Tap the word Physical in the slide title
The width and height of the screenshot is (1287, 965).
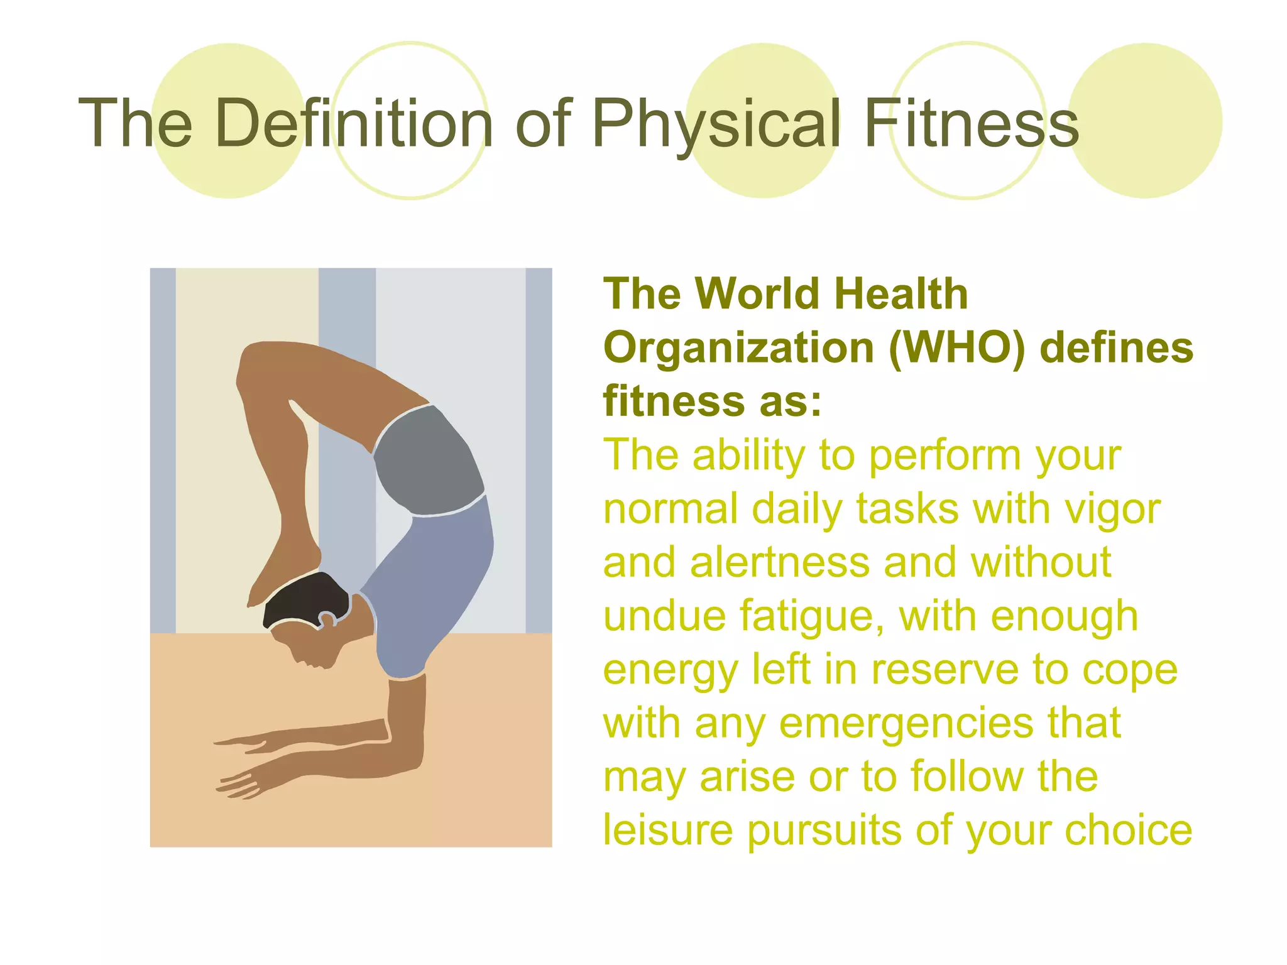(x=716, y=124)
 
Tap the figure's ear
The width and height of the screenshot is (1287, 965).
(x=327, y=620)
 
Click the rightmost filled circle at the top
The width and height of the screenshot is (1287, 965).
(x=1145, y=121)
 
